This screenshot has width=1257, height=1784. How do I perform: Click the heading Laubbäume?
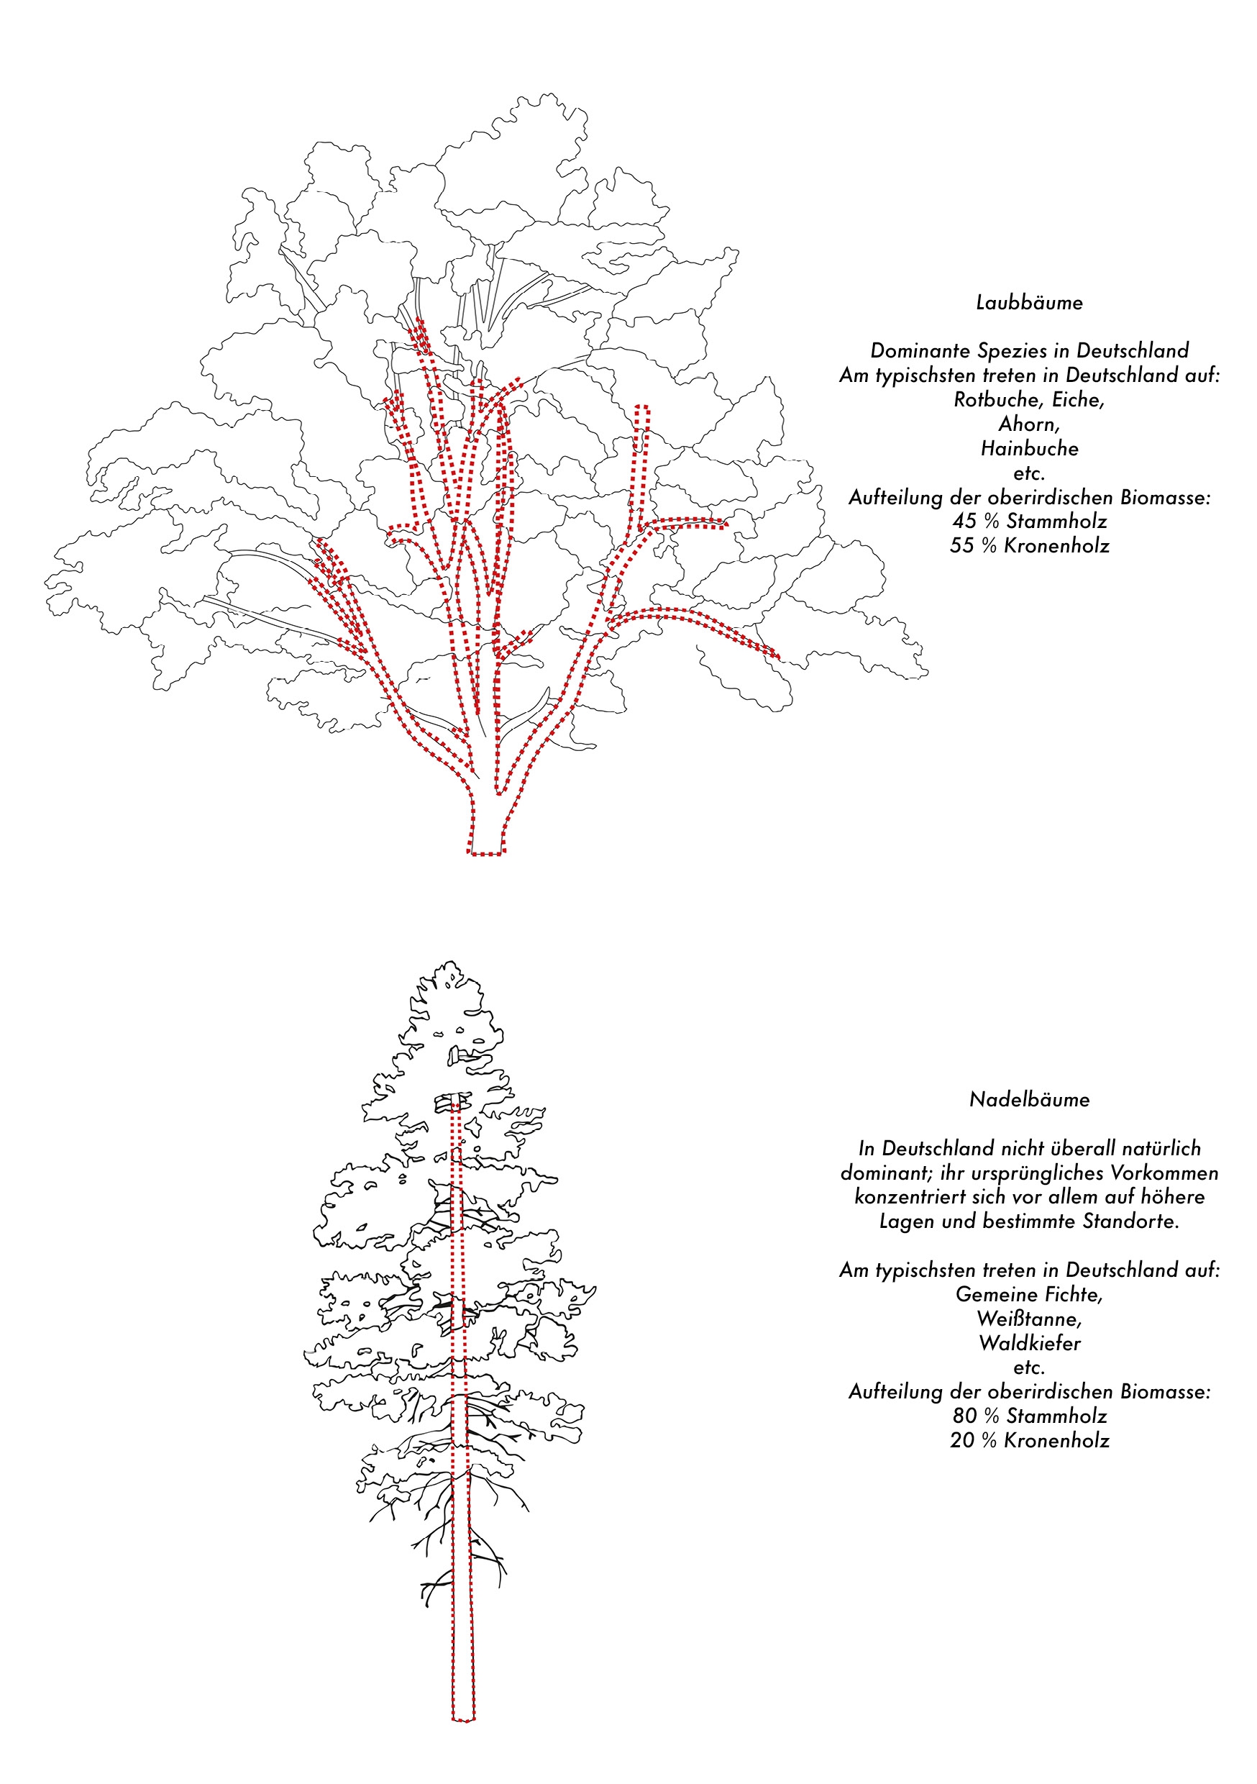pos(1028,302)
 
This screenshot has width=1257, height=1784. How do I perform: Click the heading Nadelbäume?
pos(1028,1099)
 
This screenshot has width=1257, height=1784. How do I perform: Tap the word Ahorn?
pos(1028,424)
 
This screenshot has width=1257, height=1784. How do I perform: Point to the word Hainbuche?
pos(1029,448)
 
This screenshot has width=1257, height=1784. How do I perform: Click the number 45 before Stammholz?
pos(964,522)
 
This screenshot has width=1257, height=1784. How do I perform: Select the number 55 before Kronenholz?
pos(961,545)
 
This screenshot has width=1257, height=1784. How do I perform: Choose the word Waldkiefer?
pos(1029,1344)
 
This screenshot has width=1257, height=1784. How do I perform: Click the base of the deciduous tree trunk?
pos(486,853)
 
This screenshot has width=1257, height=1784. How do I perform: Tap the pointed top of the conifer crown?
pos(451,962)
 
